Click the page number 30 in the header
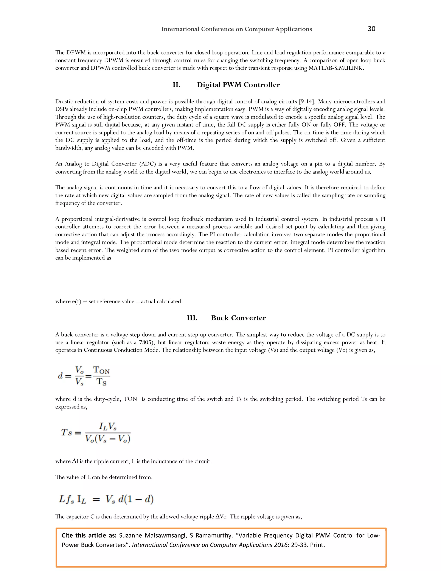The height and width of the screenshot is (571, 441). pos(371,29)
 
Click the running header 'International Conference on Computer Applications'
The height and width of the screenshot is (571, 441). pos(236,29)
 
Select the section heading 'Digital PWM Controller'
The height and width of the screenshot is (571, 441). pos(238,85)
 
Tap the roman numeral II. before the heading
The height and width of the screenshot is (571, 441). pos(176,85)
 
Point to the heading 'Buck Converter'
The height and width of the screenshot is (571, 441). pos(238,318)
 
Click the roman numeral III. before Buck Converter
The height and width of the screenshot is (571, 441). pos(192,318)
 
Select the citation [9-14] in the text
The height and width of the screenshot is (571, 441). pos(307,101)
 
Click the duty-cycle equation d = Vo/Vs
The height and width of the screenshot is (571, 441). pos(84,376)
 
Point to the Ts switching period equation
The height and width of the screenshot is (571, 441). pos(96,433)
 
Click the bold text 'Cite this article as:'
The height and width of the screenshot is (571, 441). pos(89,535)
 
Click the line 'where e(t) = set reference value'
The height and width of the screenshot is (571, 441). pos(119,301)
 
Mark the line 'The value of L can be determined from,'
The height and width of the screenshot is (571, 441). pos(104,477)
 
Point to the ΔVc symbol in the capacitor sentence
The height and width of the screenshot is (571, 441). pos(221,517)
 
